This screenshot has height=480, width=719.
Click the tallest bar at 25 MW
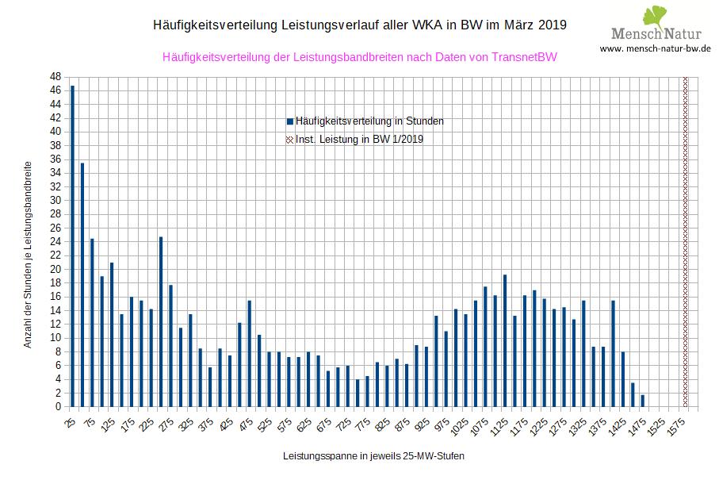[72, 246]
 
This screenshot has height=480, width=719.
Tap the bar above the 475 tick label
[249, 353]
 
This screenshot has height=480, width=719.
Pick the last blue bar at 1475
[642, 401]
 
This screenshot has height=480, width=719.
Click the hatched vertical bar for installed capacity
[686, 242]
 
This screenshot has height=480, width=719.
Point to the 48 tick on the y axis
[55, 77]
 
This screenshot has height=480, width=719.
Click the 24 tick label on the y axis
[55, 242]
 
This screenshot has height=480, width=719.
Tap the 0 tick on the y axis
[58, 407]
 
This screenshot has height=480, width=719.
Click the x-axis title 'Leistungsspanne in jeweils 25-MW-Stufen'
[373, 457]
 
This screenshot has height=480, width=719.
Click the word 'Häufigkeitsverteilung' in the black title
[214, 25]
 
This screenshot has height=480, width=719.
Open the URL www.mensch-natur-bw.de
[655, 48]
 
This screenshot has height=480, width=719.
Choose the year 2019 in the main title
[553, 25]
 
